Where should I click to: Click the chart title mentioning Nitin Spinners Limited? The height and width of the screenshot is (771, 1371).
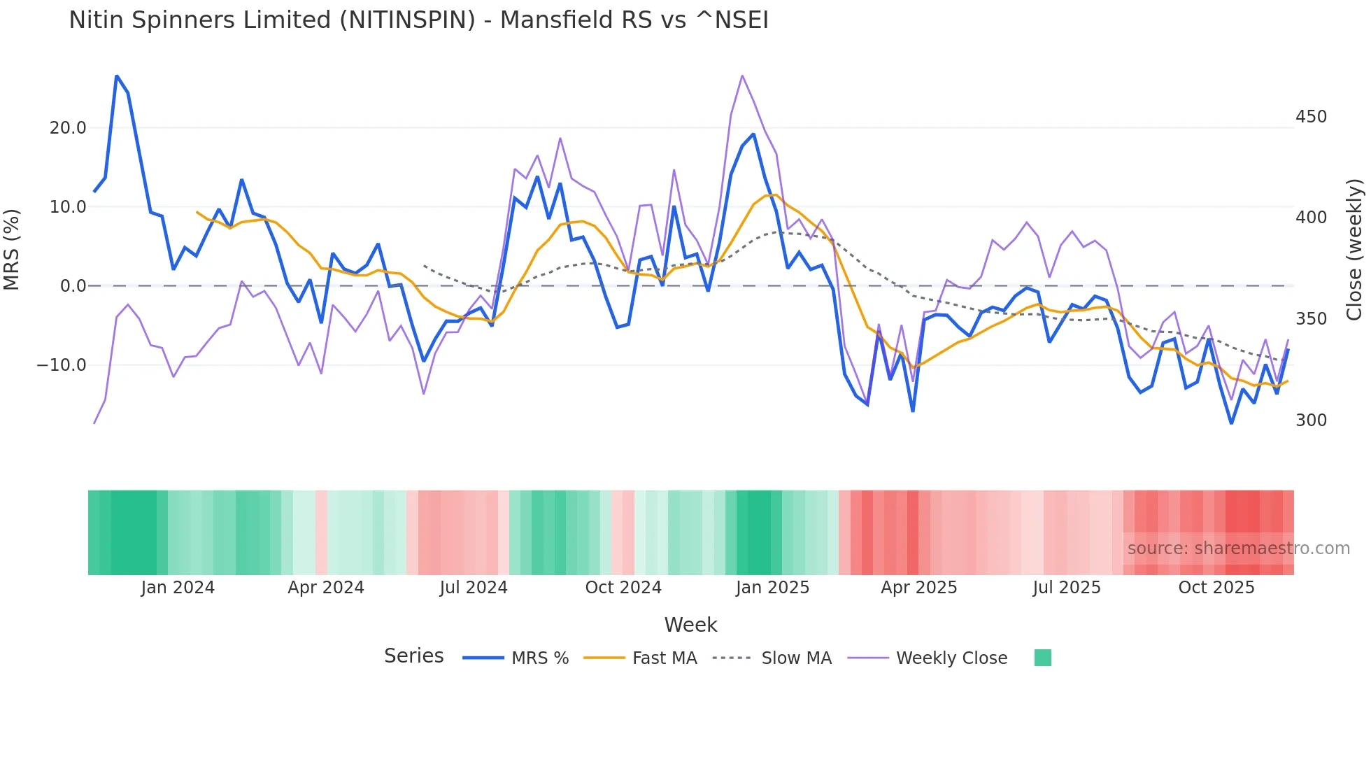[418, 20]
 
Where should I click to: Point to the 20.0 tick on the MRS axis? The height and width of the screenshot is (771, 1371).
[68, 128]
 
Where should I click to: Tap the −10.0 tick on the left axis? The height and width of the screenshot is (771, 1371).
[62, 365]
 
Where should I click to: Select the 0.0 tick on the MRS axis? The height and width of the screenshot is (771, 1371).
[73, 286]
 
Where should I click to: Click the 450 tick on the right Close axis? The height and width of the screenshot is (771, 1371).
[1311, 117]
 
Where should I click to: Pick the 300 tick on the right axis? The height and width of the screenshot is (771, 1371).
[1311, 420]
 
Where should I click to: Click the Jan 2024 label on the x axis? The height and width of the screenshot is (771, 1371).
[178, 588]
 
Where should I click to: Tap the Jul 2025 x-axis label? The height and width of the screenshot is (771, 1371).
[1067, 588]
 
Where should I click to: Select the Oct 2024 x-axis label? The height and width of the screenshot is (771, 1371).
[623, 588]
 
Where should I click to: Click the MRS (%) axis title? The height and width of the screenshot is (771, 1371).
[12, 250]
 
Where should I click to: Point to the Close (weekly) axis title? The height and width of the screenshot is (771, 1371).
[1355, 250]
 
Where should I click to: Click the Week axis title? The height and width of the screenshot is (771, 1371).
[690, 625]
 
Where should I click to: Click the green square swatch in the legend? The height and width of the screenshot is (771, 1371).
[1042, 658]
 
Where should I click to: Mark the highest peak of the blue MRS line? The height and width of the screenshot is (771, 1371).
[117, 76]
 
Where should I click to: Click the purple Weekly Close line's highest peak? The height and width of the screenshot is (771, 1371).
[742, 76]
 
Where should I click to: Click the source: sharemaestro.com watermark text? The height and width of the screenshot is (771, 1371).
[1238, 549]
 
